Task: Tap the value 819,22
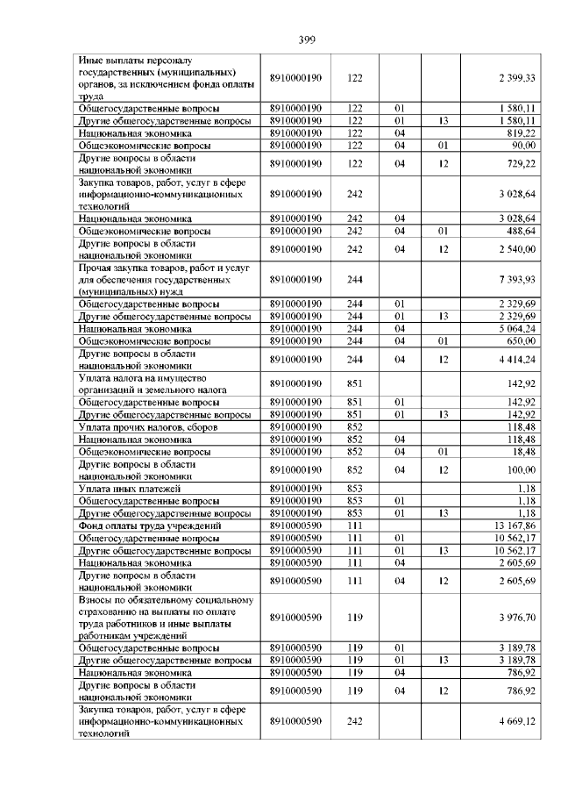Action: (x=520, y=132)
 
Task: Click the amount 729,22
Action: (x=520, y=163)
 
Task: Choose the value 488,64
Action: (x=520, y=231)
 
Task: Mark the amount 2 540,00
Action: (x=517, y=249)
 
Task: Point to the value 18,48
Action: (x=524, y=452)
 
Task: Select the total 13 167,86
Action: (x=515, y=526)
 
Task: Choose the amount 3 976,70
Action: (x=517, y=618)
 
